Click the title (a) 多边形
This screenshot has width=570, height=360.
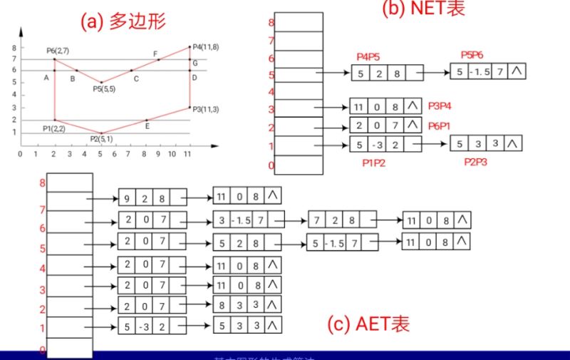tap(123, 22)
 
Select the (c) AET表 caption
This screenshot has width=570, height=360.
tap(368, 324)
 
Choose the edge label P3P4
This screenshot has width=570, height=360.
tap(442, 106)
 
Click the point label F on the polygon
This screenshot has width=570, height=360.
tap(155, 53)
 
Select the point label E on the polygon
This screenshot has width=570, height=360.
tap(147, 126)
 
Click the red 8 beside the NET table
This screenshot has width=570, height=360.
tap(270, 22)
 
